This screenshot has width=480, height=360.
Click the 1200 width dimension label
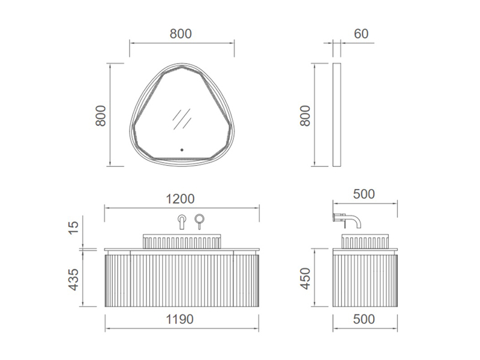pyautogui.click(x=180, y=199)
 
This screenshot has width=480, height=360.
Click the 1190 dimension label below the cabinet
pyautogui.click(x=179, y=319)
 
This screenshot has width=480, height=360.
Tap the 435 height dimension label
pyautogui.click(x=74, y=280)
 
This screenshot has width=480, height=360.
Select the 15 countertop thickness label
pyautogui.click(x=74, y=228)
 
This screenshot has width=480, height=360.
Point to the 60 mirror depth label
pyautogui.click(x=361, y=34)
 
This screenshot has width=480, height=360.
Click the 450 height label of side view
pyautogui.click(x=305, y=278)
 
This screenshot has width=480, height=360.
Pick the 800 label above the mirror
pyautogui.click(x=181, y=34)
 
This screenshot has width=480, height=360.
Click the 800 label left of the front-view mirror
pyautogui.click(x=100, y=115)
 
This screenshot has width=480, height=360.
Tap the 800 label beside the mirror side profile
pyautogui.click(x=305, y=115)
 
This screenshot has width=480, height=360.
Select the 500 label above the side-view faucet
pyautogui.click(x=364, y=194)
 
